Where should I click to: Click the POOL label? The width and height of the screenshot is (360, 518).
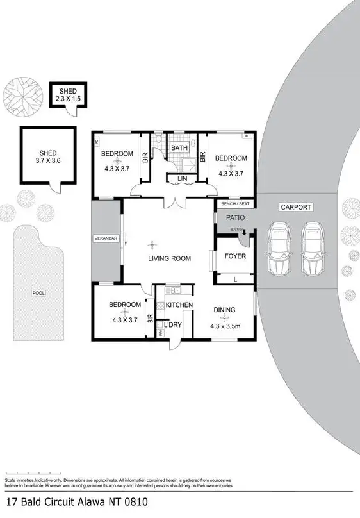coord(39,293)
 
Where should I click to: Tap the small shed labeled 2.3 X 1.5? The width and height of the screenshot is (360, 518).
coord(68,96)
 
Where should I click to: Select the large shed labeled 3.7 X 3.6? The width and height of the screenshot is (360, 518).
coord(48,156)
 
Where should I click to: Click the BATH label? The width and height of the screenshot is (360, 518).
coord(179,148)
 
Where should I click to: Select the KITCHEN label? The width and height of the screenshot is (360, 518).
coord(179,305)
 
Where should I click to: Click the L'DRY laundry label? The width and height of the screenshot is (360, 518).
coord(173,325)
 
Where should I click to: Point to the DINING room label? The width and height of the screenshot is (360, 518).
coord(224,310)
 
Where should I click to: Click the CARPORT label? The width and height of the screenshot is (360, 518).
coord(295,207)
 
